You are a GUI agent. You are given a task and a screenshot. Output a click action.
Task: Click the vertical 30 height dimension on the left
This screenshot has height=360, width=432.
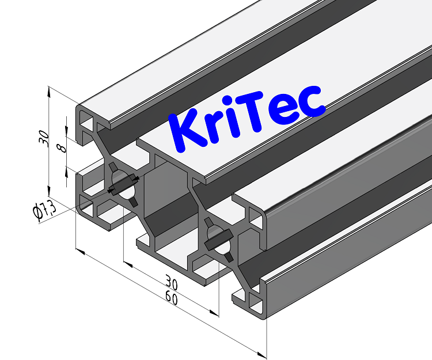tap(42, 138)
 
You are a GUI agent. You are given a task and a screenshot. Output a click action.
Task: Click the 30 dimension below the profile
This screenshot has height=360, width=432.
tap(170, 283)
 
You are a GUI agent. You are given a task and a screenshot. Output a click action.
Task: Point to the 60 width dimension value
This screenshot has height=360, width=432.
tap(170, 297)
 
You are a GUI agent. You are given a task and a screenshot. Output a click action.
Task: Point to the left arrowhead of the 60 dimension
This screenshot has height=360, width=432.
tap(81, 252)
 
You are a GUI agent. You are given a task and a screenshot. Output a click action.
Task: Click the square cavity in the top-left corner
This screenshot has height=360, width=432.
tap(88, 122)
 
